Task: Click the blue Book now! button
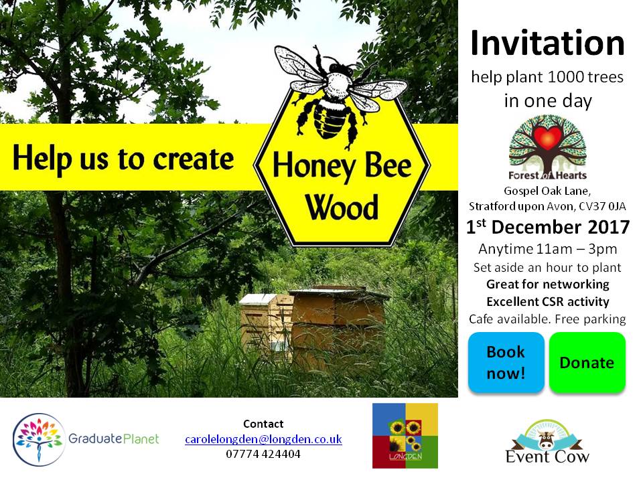(x=506, y=362)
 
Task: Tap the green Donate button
(x=587, y=362)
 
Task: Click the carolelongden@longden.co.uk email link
(x=263, y=439)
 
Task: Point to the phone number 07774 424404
(x=263, y=454)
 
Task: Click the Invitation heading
(x=547, y=43)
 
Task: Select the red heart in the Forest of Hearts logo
(x=547, y=137)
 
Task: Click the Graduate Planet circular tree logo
(x=39, y=439)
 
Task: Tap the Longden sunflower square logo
(x=405, y=436)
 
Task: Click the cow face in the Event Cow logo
(x=547, y=440)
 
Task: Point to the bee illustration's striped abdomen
(x=331, y=116)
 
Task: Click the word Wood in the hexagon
(x=342, y=208)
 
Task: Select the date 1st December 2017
(x=547, y=227)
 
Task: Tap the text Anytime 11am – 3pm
(x=547, y=249)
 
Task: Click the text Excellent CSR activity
(x=548, y=302)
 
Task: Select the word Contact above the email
(x=263, y=424)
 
